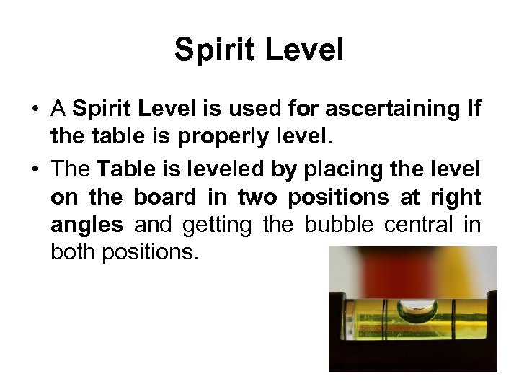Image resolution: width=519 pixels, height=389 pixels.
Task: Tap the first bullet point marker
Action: pyautogui.click(x=35, y=110)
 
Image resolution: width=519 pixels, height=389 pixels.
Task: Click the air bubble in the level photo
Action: pyautogui.click(x=417, y=312)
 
